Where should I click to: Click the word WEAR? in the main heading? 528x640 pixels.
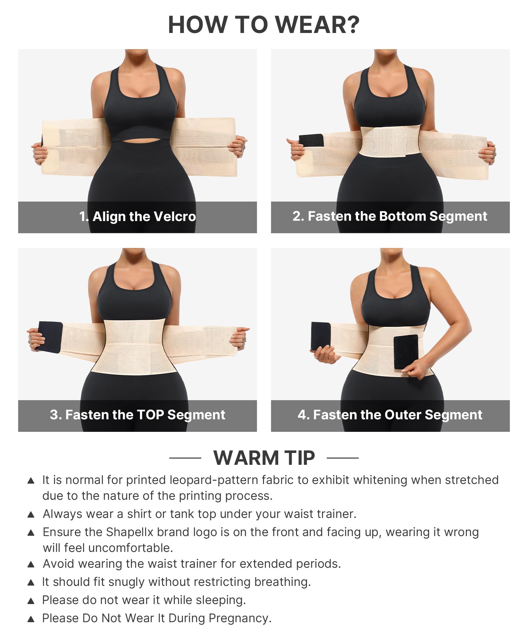(317, 25)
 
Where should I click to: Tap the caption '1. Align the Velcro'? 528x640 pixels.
(138, 217)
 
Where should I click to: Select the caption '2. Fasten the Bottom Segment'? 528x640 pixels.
(390, 216)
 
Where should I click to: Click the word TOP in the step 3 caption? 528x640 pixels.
(150, 415)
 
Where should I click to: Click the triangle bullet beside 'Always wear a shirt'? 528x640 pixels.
(31, 514)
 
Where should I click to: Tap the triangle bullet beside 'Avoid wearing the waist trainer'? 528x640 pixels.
(31, 564)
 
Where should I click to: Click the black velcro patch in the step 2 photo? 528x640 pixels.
(311, 140)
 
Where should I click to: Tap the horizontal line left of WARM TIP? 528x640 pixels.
(185, 458)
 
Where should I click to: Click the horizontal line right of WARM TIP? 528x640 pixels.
(343, 458)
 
